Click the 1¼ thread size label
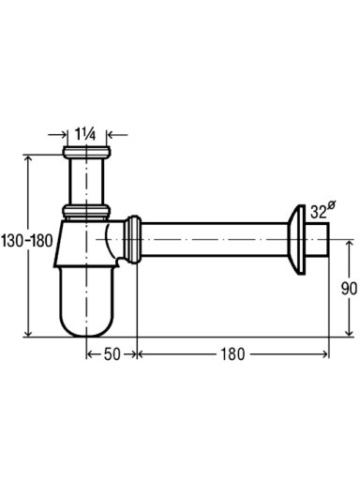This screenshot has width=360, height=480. (x=85, y=134)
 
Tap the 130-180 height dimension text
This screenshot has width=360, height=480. (x=27, y=241)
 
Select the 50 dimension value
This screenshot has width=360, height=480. (x=112, y=354)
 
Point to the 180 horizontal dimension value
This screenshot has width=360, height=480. (x=232, y=354)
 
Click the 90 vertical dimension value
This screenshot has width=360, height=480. (x=349, y=289)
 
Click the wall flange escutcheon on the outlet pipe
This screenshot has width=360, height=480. (x=296, y=240)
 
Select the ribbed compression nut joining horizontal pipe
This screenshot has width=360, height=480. (x=133, y=239)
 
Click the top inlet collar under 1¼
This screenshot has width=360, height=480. (x=87, y=152)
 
